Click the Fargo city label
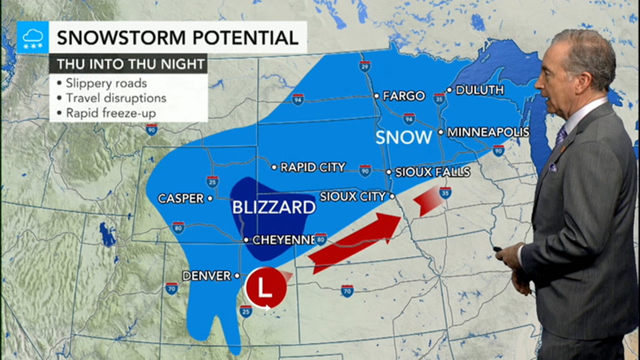point(404,96)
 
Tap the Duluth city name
point(479,90)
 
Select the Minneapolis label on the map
point(488,132)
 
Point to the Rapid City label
point(313,167)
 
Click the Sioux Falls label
point(432,172)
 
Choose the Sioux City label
point(353,196)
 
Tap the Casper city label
point(181,199)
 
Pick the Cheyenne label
point(283,240)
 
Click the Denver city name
point(207,276)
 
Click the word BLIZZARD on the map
point(274,207)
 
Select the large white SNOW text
point(404,137)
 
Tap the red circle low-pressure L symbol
point(266,287)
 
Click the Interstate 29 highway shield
point(365,66)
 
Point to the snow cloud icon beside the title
point(33,37)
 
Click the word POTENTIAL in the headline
point(246,37)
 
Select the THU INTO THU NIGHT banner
point(130,64)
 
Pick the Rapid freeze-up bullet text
point(111,113)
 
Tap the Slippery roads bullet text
point(106,83)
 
